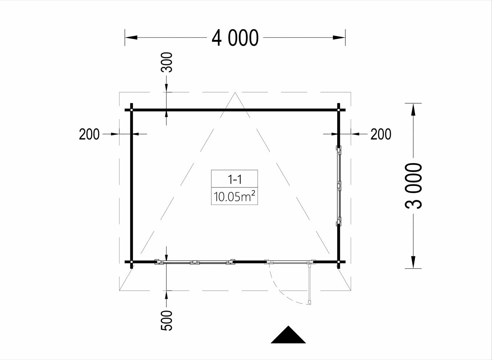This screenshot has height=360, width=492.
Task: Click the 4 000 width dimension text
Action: (235, 37)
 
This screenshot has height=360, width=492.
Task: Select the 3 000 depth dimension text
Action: (413, 186)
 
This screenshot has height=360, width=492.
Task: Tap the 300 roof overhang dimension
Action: (167, 62)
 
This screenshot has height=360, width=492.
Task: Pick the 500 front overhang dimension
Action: (167, 320)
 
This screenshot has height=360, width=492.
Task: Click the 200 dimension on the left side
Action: (89, 134)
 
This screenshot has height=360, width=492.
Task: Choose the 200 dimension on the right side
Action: (381, 134)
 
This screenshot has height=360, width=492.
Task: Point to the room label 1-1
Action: (235, 179)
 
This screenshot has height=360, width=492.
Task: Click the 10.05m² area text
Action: (234, 196)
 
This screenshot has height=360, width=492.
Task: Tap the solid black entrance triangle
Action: (288, 335)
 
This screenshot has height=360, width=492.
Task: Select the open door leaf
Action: (310, 284)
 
